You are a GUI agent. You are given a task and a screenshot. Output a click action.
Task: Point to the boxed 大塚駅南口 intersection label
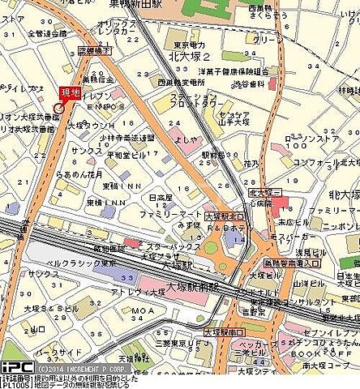(x=223, y=332)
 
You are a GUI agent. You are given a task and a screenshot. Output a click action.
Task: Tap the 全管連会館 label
(x=47, y=34)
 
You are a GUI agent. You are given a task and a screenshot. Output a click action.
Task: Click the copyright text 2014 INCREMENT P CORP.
(x=84, y=368)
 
